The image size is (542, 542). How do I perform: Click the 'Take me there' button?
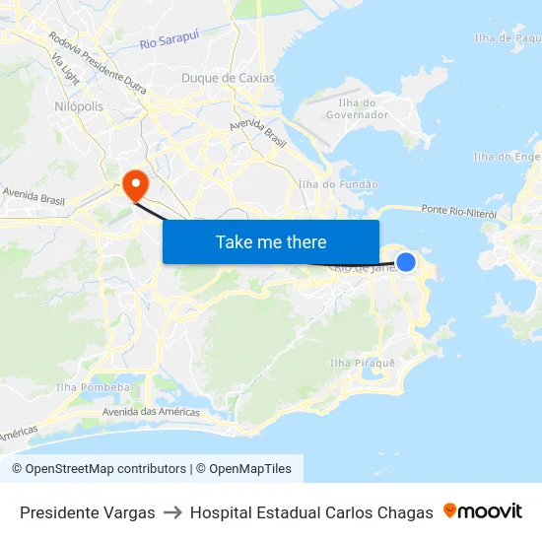pyautogui.click(x=271, y=241)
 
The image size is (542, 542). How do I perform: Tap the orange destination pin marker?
pyautogui.click(x=134, y=182)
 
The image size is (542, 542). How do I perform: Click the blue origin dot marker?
pyautogui.click(x=405, y=261)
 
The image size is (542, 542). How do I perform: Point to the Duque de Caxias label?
pyautogui.click(x=229, y=78)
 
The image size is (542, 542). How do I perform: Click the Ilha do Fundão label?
pyautogui.click(x=338, y=184)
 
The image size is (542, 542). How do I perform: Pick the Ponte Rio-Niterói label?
pyautogui.click(x=457, y=210)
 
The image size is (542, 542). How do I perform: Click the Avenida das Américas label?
pyautogui.click(x=152, y=412)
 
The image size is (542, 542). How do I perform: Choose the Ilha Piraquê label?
pyautogui.click(x=362, y=363)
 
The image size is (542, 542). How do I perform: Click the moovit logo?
pyautogui.click(x=483, y=511)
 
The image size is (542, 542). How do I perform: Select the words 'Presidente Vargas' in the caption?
pyautogui.click(x=88, y=512)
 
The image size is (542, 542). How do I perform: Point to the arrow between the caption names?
pyautogui.click(x=172, y=512)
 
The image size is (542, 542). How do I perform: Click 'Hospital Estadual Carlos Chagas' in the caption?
pyautogui.click(x=311, y=512)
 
